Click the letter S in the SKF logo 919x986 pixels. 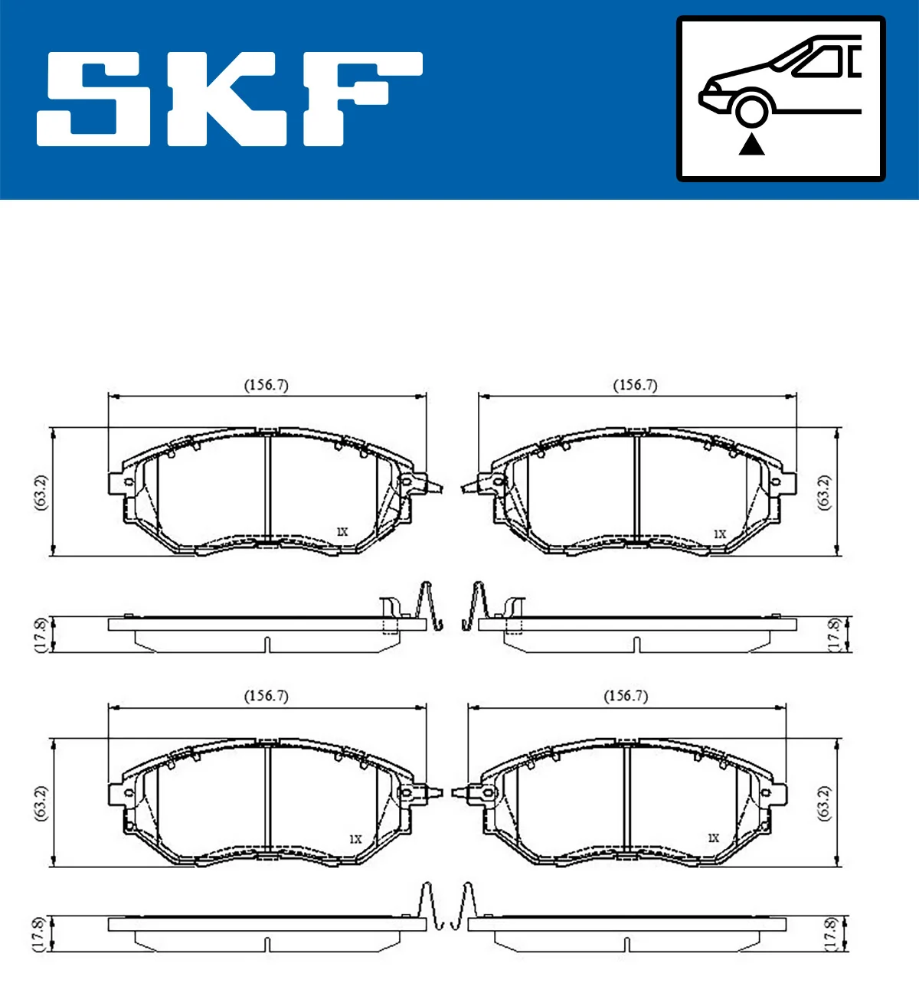pyautogui.click(x=96, y=99)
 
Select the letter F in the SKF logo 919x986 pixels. pyautogui.click(x=360, y=99)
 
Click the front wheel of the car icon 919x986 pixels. pyautogui.click(x=751, y=110)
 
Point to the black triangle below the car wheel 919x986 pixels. pyautogui.click(x=751, y=144)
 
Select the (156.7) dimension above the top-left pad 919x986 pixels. pyautogui.click(x=266, y=385)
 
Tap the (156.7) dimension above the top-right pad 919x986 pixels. pyautogui.click(x=635, y=385)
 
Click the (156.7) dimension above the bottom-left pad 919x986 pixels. pyautogui.click(x=266, y=696)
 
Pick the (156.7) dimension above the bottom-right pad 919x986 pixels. pyautogui.click(x=626, y=696)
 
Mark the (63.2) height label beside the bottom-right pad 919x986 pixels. pyautogui.click(x=824, y=803)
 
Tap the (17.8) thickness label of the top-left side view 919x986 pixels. pyautogui.click(x=41, y=634)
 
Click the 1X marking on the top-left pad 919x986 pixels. pyautogui.click(x=342, y=531)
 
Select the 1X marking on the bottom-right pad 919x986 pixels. pyautogui.click(x=713, y=838)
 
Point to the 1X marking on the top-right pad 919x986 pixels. pyautogui.click(x=719, y=534)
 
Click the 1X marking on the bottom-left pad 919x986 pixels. pyautogui.click(x=355, y=839)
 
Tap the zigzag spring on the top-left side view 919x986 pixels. pyautogui.click(x=429, y=606)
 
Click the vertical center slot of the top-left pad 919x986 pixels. pyautogui.click(x=267, y=488)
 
